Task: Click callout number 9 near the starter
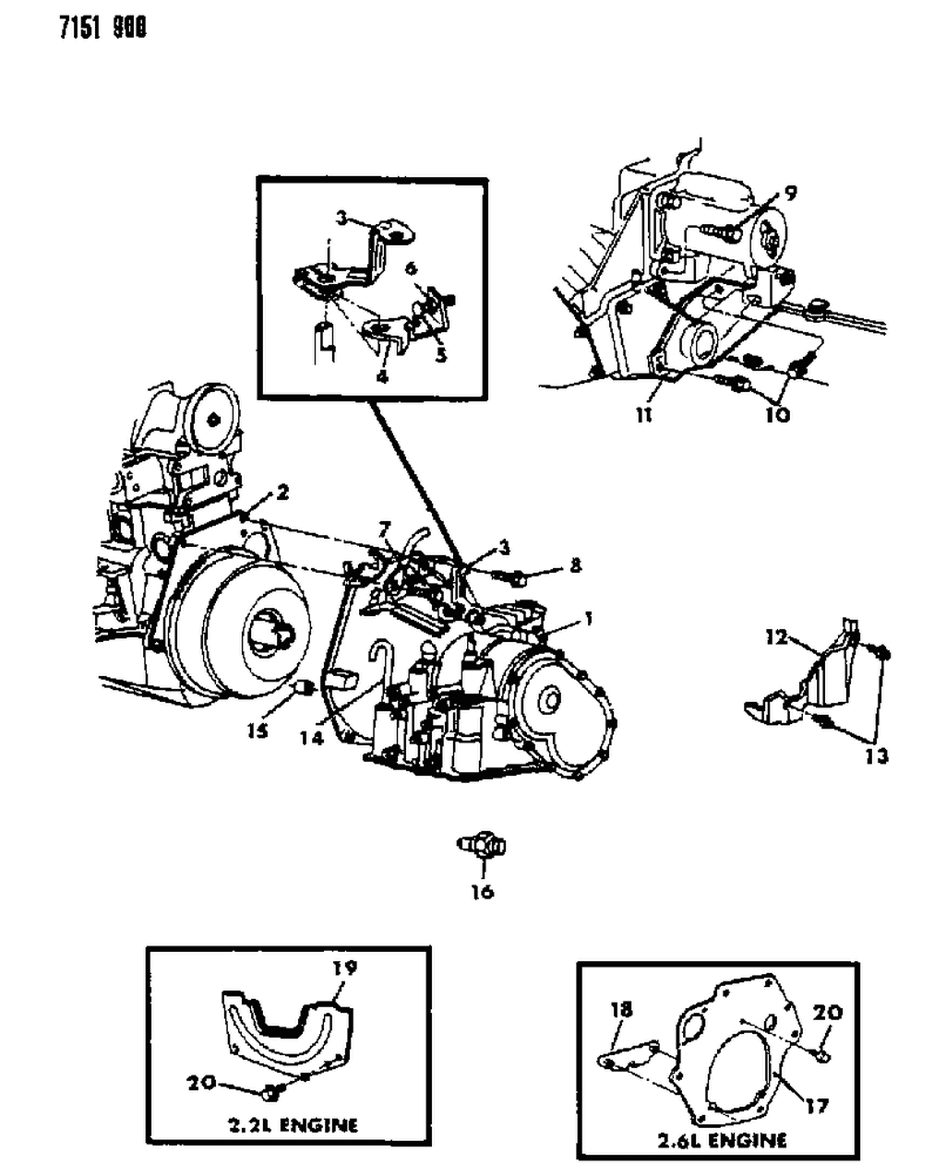coord(791,193)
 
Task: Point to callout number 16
coord(482,891)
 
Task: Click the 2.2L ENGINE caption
coord(291,1124)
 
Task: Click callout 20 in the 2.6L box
coord(828,1013)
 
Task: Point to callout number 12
coord(775,636)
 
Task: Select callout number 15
coord(257,730)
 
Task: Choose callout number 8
coord(576,564)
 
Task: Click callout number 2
coord(281,493)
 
